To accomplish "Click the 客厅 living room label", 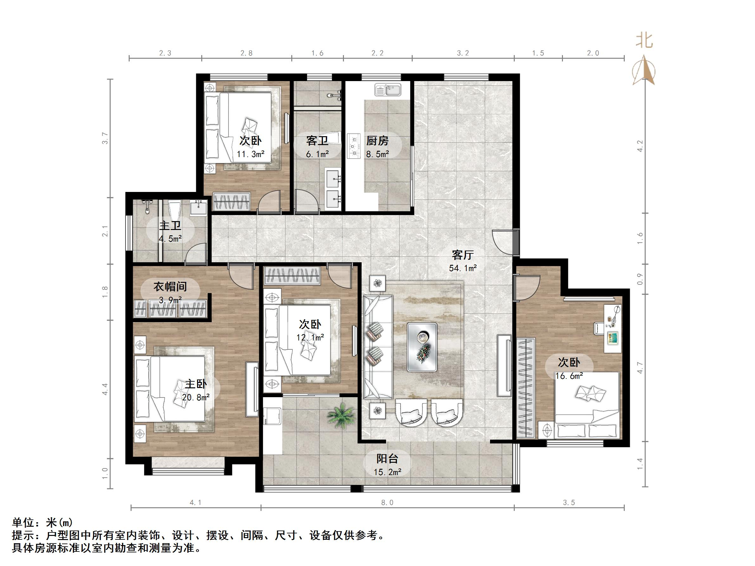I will pyautogui.click(x=462, y=255).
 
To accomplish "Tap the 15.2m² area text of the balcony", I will pyautogui.click(x=387, y=472).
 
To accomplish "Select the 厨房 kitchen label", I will pyautogui.click(x=377, y=141).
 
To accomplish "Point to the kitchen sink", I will pyautogui.click(x=388, y=90).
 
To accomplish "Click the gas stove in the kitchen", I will pyautogui.click(x=354, y=146).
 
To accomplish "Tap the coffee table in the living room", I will pyautogui.click(x=422, y=347).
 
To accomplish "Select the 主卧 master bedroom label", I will pyautogui.click(x=196, y=384).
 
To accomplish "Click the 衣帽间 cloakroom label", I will pyautogui.click(x=170, y=287).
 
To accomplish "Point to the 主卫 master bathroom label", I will pyautogui.click(x=170, y=226).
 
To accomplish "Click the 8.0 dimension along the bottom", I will pyautogui.click(x=387, y=503).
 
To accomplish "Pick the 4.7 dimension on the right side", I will pyautogui.click(x=640, y=367).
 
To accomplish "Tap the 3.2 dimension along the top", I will pyautogui.click(x=463, y=53).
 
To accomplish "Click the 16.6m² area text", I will pyautogui.click(x=569, y=376).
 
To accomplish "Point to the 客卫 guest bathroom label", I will pyautogui.click(x=317, y=141).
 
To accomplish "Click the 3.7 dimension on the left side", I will pyautogui.click(x=105, y=138).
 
